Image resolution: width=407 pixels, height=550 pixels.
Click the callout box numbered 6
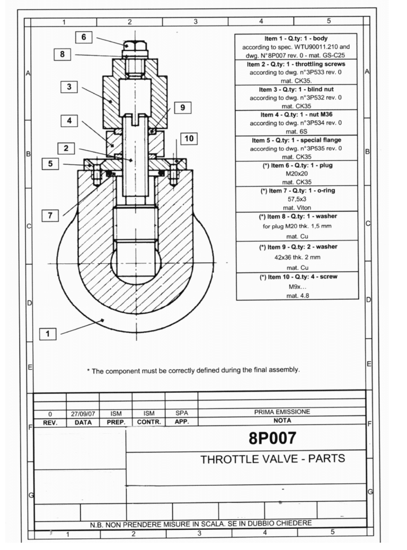pos(84,38)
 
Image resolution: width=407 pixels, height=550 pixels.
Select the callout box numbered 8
pos(63,55)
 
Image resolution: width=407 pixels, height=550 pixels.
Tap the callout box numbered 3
pos(69,87)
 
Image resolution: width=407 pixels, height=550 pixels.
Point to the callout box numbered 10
pos(189,139)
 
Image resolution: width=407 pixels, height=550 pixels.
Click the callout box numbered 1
pos(48,334)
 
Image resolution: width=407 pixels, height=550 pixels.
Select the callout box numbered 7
pos(51,215)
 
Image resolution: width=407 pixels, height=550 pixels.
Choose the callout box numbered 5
pos(50,164)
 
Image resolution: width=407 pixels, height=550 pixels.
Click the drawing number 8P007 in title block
pos(272,438)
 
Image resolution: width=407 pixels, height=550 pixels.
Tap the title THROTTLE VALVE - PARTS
pos(272,459)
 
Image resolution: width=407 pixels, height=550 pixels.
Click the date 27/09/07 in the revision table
pos(82,413)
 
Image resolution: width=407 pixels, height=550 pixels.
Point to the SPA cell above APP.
pos(181,413)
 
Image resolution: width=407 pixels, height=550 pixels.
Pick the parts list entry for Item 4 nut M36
pos(296,123)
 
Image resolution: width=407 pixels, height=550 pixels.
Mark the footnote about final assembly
pos(193,370)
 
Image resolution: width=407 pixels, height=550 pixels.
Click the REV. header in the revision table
pos(49,422)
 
